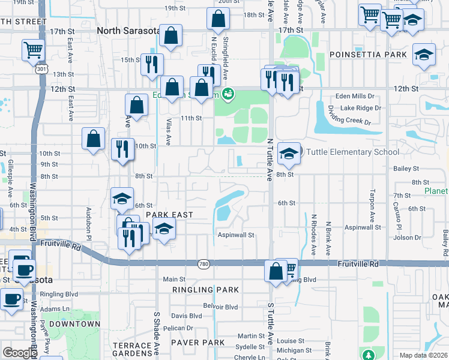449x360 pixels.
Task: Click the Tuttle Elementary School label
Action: click(353, 152)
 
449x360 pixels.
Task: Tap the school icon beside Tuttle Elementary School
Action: click(289, 154)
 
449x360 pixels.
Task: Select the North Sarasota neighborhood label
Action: click(129, 31)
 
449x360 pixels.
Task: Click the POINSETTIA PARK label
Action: click(368, 55)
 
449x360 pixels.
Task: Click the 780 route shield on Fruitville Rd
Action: click(203, 263)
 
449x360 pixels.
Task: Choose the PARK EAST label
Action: click(169, 215)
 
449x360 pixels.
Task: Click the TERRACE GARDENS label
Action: click(133, 349)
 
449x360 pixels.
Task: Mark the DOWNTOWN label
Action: click(74, 324)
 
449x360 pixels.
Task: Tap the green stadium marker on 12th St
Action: click(228, 94)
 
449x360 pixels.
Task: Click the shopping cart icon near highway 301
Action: click(32, 50)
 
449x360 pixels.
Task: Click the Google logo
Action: click(20, 353)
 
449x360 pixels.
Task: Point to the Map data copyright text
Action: click(423, 355)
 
